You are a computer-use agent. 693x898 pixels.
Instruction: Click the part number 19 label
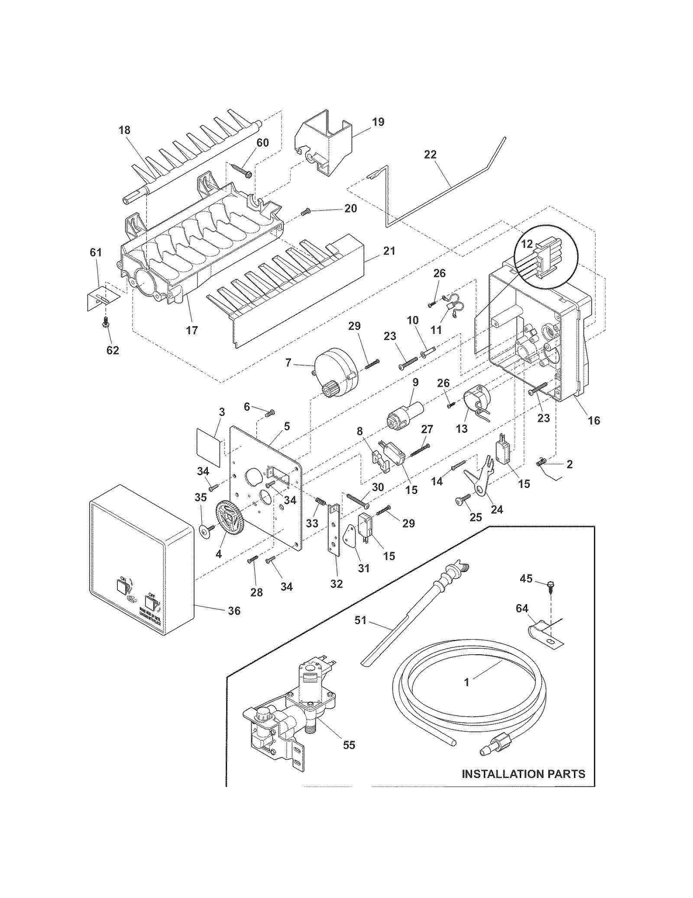pyautogui.click(x=378, y=122)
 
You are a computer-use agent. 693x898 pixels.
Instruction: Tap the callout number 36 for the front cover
pyautogui.click(x=234, y=611)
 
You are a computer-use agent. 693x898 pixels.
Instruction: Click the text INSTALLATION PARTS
pyautogui.click(x=523, y=774)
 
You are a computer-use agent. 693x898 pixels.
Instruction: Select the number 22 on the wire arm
pyautogui.click(x=430, y=155)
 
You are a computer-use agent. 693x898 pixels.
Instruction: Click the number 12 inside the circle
pyautogui.click(x=526, y=244)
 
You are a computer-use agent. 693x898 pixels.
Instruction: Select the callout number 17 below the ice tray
pyautogui.click(x=192, y=330)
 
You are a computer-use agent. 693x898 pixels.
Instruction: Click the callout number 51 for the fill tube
pyautogui.click(x=360, y=620)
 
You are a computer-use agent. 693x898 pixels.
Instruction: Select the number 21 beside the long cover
pyautogui.click(x=389, y=251)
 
